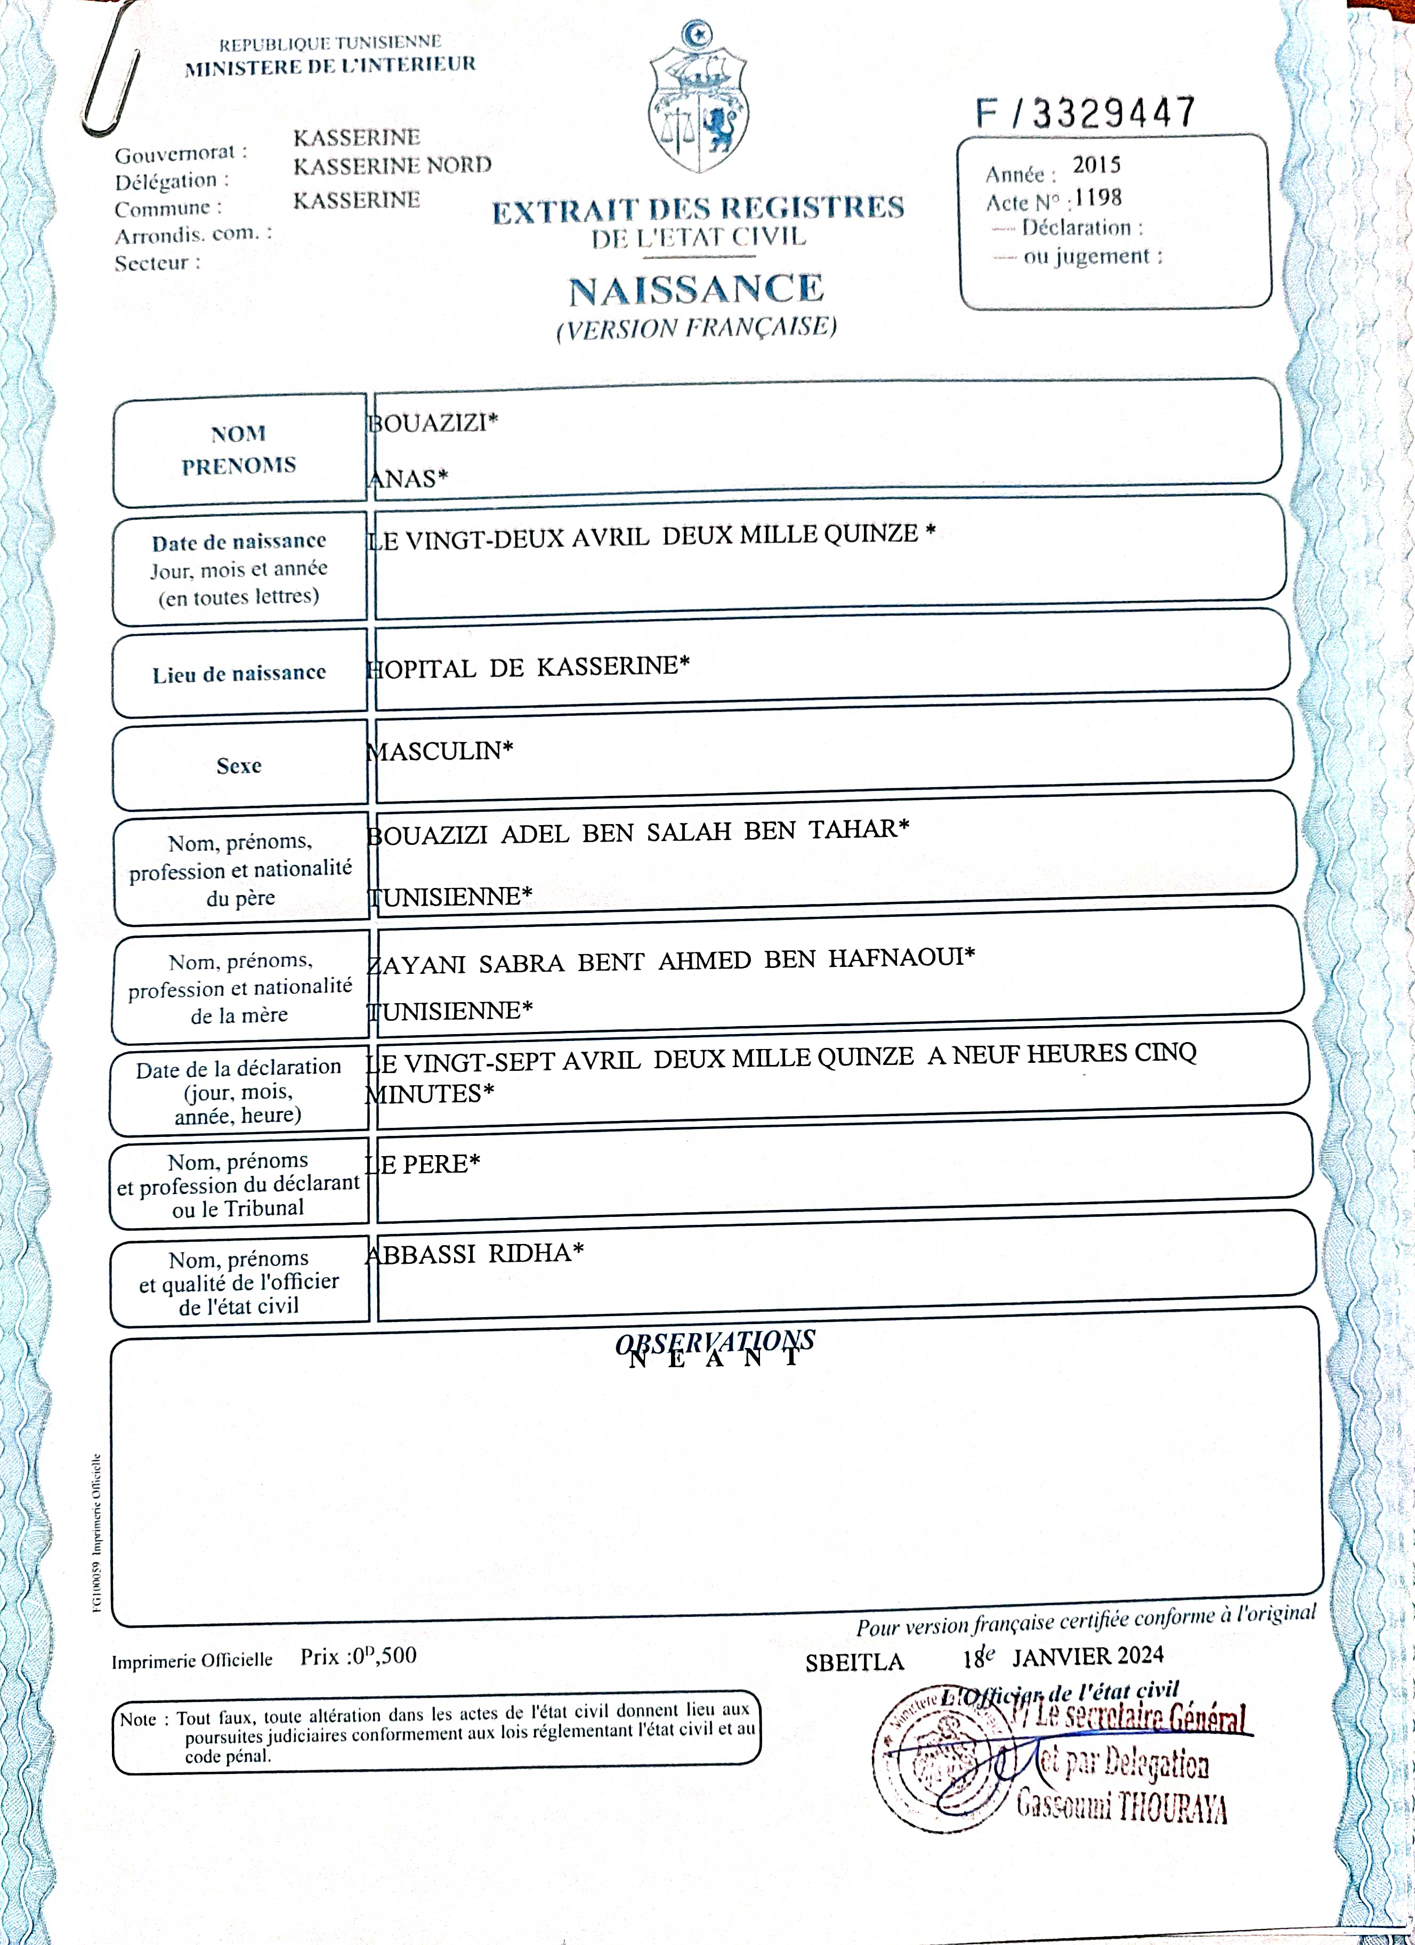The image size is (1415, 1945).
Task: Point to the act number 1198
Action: [1098, 198]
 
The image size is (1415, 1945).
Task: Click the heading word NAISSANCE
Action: [696, 290]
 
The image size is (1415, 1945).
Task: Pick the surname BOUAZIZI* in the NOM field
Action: [433, 423]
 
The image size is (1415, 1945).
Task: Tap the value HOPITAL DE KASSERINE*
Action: [528, 667]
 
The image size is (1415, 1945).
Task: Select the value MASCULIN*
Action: [440, 751]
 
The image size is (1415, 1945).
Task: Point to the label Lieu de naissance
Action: [239, 674]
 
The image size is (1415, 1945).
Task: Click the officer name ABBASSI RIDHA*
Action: [474, 1254]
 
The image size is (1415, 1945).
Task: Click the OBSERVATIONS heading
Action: [714, 1341]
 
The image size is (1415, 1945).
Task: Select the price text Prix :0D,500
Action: [359, 1656]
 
